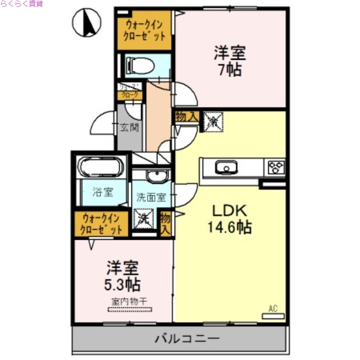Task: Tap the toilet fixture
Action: click(140, 66)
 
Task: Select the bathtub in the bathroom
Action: click(100, 167)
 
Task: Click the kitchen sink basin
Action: click(225, 168)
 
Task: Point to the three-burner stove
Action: click(276, 167)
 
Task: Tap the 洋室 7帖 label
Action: click(229, 62)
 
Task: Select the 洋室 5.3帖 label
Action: click(122, 276)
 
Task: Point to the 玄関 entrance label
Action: click(129, 128)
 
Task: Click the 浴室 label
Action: click(103, 192)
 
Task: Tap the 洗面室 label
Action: click(151, 197)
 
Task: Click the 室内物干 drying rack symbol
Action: click(130, 309)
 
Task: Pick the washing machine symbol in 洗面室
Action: click(144, 219)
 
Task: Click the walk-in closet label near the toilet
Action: click(144, 31)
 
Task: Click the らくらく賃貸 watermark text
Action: click(22, 4)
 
